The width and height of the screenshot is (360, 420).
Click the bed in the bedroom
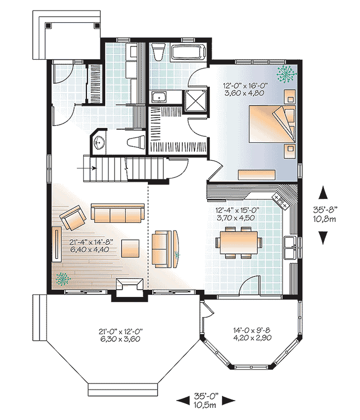tap(270, 125)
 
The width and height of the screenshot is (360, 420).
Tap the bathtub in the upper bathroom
tap(188, 53)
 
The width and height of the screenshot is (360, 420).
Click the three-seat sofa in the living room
tap(115, 214)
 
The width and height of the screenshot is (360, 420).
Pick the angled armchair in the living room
tap(73, 218)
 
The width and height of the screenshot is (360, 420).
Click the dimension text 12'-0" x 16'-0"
tap(246, 86)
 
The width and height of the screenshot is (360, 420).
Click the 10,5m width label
tap(205, 405)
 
